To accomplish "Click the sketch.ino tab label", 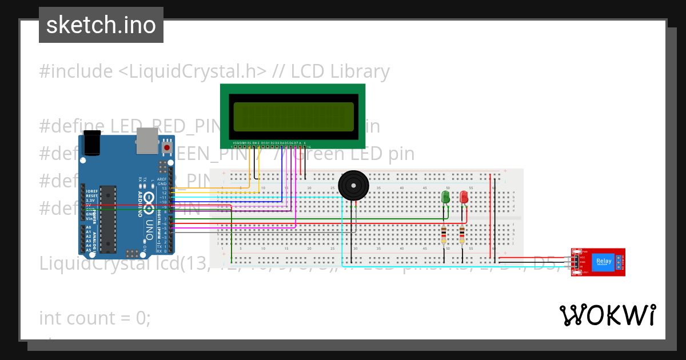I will [x=101, y=25].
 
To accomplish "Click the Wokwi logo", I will [x=607, y=315].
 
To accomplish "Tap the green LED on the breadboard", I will [x=446, y=197].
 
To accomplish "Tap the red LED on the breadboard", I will [x=464, y=197].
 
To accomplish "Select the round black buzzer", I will [x=353, y=185].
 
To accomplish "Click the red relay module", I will [x=597, y=262].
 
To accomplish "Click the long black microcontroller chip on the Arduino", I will [x=107, y=219].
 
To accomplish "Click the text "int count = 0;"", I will [x=95, y=318].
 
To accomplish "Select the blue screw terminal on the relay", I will [x=617, y=262].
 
